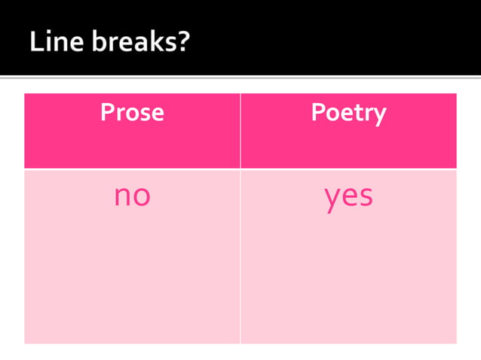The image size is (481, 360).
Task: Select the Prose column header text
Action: pos(132,113)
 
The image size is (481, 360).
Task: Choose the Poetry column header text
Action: pos(348,113)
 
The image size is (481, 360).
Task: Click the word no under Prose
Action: pos(132,196)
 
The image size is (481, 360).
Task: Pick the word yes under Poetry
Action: pos(348,197)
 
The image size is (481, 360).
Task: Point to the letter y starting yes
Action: pos(332,200)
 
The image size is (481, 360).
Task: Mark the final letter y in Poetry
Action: pos(379,116)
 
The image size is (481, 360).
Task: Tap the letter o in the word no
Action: pos(141,197)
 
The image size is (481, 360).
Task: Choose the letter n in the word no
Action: pos(123,197)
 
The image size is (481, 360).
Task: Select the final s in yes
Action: pos(366,197)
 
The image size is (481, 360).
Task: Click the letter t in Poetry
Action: pos(357,114)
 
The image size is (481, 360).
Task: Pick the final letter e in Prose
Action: pos(156,114)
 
